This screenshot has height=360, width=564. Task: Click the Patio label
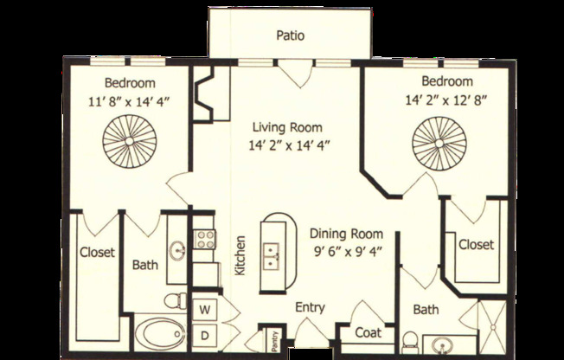[290, 35]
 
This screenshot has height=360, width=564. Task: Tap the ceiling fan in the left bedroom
[126, 141]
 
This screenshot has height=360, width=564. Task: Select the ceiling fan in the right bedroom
[435, 140]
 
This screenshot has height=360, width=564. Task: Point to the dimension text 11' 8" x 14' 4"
[130, 100]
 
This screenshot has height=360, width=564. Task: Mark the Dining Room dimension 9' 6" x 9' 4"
[346, 252]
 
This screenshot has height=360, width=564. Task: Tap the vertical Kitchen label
[240, 256]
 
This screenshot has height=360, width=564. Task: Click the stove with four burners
[204, 239]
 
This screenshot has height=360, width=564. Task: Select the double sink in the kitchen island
[272, 254]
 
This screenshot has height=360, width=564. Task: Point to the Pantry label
[273, 341]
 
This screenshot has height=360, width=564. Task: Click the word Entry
[310, 307]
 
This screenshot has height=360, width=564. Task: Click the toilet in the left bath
[176, 301]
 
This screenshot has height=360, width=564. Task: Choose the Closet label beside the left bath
[98, 254]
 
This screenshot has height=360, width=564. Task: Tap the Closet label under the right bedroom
[476, 245]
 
